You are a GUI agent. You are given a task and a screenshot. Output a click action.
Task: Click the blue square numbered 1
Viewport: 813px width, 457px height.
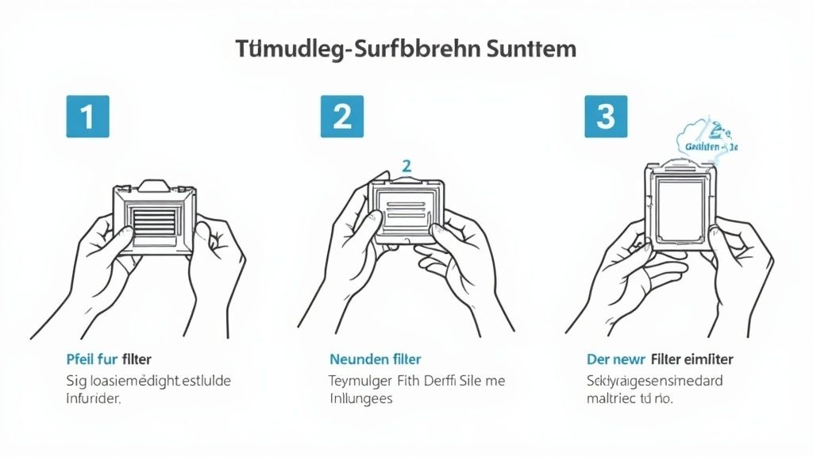pos(88,117)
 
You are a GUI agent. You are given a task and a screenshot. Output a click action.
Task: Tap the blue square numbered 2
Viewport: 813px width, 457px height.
pos(341,117)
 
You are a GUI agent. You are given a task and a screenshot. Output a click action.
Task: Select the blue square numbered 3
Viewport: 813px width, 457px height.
pos(605,117)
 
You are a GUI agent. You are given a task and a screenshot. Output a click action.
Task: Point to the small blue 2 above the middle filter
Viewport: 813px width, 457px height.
pos(406,166)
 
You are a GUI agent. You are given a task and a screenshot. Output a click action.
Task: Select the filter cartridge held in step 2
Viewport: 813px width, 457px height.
pos(406,209)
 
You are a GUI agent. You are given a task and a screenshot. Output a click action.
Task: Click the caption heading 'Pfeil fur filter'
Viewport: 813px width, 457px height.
pos(110,359)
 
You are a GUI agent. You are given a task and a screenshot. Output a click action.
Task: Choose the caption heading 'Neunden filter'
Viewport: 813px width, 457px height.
pos(375,359)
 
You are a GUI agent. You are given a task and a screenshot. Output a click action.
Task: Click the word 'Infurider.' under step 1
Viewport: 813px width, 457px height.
pos(93,398)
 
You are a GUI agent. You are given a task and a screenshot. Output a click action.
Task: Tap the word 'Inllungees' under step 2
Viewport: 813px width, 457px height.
pos(360,398)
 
